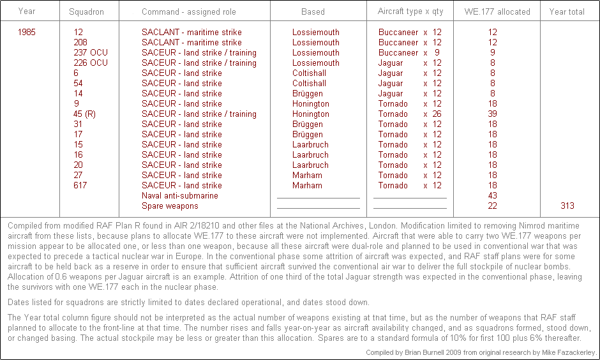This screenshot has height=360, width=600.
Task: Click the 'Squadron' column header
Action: point(86,11)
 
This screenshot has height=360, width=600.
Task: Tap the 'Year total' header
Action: point(567,11)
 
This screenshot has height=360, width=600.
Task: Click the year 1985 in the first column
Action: point(27,32)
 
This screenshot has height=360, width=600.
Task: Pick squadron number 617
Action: point(80,185)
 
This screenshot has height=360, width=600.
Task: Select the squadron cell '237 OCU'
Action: point(90,52)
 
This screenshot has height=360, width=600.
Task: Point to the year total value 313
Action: point(567,206)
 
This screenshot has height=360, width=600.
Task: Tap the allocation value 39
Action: point(492,114)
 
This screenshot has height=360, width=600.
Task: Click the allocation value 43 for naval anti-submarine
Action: point(492,195)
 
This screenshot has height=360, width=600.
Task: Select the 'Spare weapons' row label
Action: point(170,206)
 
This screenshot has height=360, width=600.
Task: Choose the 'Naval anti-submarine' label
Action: point(179,195)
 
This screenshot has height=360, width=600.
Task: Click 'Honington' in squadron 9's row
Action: point(311,103)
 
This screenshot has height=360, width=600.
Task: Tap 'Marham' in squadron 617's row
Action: point(307,185)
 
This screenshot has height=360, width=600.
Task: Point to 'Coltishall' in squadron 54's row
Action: point(309,83)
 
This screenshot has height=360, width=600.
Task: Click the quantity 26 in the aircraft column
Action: point(437,114)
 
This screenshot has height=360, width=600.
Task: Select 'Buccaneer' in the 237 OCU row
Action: point(398,52)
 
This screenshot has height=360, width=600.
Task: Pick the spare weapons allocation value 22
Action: point(492,206)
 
